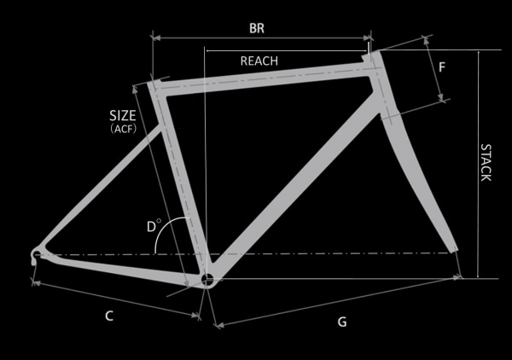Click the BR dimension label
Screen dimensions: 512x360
(257, 28)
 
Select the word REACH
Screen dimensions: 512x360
(259, 61)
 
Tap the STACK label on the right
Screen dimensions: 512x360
(486, 163)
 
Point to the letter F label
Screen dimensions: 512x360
(442, 67)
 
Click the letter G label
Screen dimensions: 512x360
(342, 322)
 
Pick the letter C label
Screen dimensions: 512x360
(109, 316)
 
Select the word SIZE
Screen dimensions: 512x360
(123, 116)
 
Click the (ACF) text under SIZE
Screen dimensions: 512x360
(124, 129)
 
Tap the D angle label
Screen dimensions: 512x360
(151, 227)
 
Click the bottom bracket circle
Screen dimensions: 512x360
(207, 279)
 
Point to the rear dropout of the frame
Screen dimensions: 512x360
(35, 255)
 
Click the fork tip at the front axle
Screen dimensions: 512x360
(454, 250)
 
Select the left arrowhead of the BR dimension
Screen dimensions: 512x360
(156, 38)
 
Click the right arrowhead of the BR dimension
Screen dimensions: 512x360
(367, 38)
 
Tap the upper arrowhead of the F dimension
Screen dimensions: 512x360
(426, 40)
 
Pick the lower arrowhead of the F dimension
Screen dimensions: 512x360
(440, 97)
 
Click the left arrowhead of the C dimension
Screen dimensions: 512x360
(37, 283)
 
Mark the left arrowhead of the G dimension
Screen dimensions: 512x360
(220, 325)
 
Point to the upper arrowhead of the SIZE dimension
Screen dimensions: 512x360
(135, 89)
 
